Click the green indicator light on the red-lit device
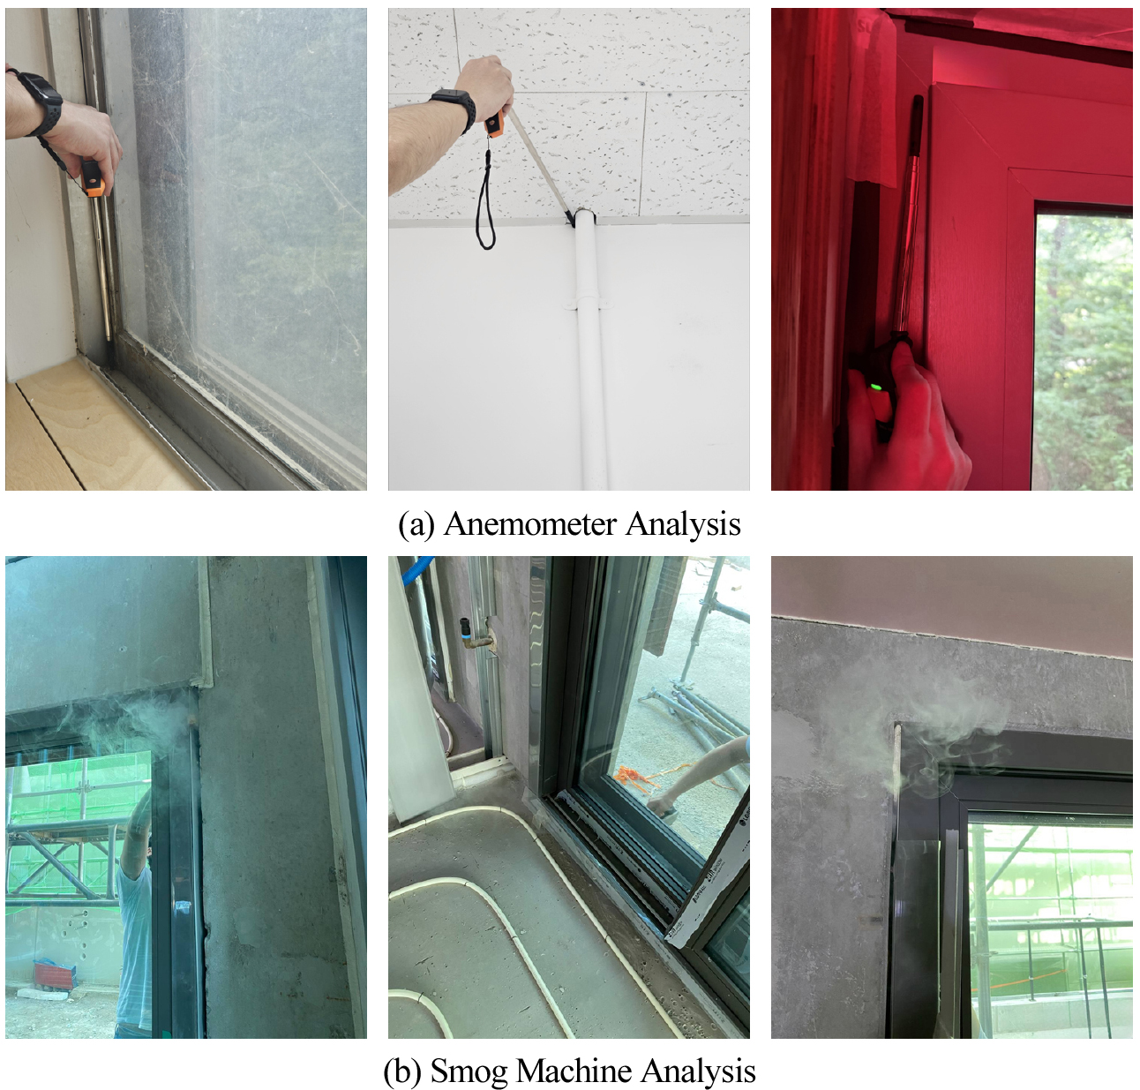click(875, 386)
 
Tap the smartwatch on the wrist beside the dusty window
click(38, 102)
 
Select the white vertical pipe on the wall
click(587, 353)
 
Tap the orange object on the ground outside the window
click(628, 777)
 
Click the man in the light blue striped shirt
click(134, 918)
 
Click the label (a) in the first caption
click(416, 524)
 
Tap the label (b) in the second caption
click(401, 1071)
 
